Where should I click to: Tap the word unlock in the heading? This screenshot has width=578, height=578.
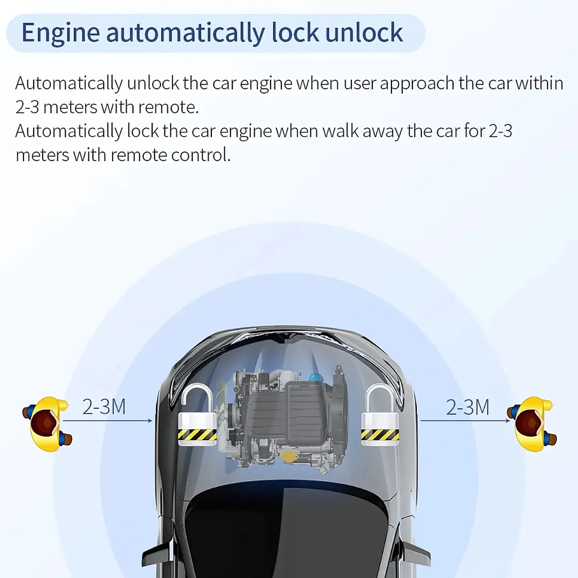pos(363,32)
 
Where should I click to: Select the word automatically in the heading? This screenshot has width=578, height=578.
pos(185,32)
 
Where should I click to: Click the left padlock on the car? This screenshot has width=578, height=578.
pos(196,420)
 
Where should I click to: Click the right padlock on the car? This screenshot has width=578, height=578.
pos(380,420)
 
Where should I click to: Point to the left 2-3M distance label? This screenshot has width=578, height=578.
pos(104,407)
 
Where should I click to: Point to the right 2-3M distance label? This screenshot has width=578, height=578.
pos(468,407)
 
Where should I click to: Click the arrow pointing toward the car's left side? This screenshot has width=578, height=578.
pos(118,421)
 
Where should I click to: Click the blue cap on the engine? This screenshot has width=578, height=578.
pos(316,377)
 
